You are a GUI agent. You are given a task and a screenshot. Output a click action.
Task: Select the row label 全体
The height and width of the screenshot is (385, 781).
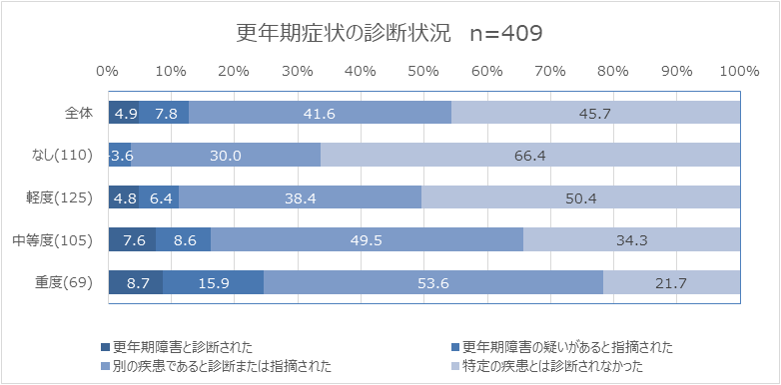78,113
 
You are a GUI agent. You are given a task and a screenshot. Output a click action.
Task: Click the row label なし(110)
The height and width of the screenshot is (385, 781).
64,155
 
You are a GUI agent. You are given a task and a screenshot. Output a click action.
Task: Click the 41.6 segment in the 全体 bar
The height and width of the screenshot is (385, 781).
320,113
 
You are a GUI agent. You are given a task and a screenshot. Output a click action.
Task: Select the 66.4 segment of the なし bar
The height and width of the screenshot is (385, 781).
529,155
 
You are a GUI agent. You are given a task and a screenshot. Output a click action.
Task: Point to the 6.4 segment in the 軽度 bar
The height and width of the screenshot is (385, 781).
161,197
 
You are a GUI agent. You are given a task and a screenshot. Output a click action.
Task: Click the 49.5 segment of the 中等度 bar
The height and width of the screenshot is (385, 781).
367,239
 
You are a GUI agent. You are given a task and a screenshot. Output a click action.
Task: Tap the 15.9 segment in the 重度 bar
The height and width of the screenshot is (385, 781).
213,282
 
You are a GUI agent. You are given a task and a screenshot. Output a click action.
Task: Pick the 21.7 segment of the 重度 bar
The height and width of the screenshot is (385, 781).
671,282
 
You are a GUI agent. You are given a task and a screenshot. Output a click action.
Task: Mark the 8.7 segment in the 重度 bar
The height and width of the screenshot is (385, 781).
136,282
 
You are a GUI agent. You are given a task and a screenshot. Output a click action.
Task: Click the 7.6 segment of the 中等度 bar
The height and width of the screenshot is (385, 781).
132,239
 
